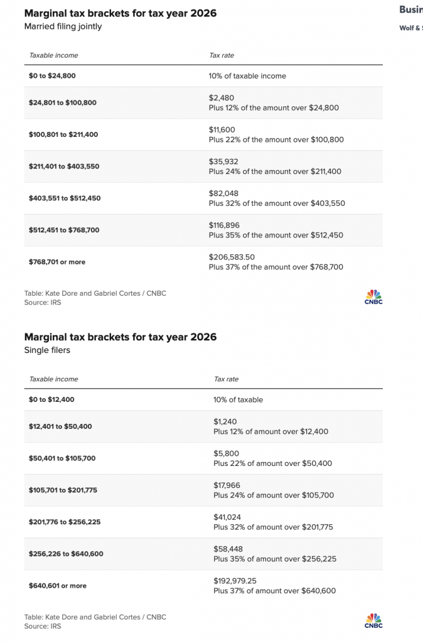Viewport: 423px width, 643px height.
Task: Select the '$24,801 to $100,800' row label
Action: pyautogui.click(x=63, y=102)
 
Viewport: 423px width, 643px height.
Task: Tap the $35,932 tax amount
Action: pyautogui.click(x=223, y=161)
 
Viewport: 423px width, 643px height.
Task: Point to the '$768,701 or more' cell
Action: pyautogui.click(x=57, y=262)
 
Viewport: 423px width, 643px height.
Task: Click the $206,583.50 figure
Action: pyautogui.click(x=232, y=257)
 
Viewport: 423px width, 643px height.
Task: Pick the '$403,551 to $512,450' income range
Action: pyautogui.click(x=64, y=198)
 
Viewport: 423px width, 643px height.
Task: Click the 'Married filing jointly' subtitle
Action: pyautogui.click(x=63, y=26)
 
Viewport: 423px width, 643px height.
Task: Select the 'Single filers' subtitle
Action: pyautogui.click(x=47, y=350)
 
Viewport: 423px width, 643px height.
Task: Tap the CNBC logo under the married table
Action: pyautogui.click(x=373, y=297)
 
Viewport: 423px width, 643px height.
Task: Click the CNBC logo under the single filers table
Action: pyautogui.click(x=373, y=621)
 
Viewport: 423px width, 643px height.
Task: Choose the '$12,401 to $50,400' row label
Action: pyautogui.click(x=60, y=426)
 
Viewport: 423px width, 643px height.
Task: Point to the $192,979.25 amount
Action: pyautogui.click(x=235, y=581)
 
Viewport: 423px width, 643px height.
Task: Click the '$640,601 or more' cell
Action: pyautogui.click(x=58, y=586)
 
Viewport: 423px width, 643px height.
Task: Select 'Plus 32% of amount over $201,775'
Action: pyautogui.click(x=273, y=527)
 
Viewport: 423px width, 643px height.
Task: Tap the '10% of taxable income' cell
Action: pyautogui.click(x=247, y=76)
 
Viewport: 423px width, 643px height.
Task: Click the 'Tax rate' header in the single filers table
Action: pyautogui.click(x=226, y=379)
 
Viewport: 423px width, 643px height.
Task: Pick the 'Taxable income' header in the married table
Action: pyautogui.click(x=54, y=55)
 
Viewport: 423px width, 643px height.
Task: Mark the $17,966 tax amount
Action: pyautogui.click(x=227, y=485)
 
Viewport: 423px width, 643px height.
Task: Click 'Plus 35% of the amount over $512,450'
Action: pyautogui.click(x=276, y=235)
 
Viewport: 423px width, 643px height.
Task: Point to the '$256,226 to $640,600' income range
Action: pyautogui.click(x=66, y=554)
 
